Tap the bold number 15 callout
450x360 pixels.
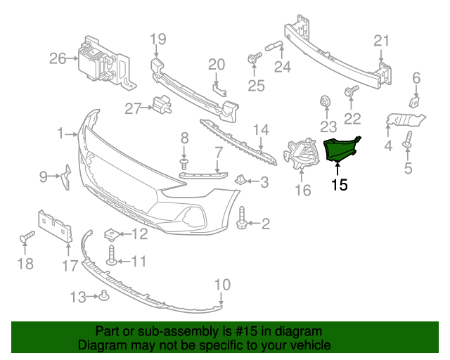pyautogui.click(x=340, y=186)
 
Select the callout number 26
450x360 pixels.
pyautogui.click(x=58, y=58)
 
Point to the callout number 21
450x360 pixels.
pyautogui.click(x=381, y=41)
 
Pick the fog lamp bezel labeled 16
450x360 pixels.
pyautogui.click(x=300, y=154)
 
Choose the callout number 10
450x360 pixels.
pyautogui.click(x=222, y=284)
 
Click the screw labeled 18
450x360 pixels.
pyautogui.click(x=27, y=239)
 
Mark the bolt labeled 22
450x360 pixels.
pyautogui.click(x=351, y=91)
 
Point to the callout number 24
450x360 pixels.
pyautogui.click(x=282, y=67)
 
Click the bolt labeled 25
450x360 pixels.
pyautogui.click(x=251, y=60)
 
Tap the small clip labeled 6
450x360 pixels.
pyautogui.click(x=415, y=102)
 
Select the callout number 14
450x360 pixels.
pyautogui.click(x=261, y=129)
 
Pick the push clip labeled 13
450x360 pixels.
pyautogui.click(x=103, y=295)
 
